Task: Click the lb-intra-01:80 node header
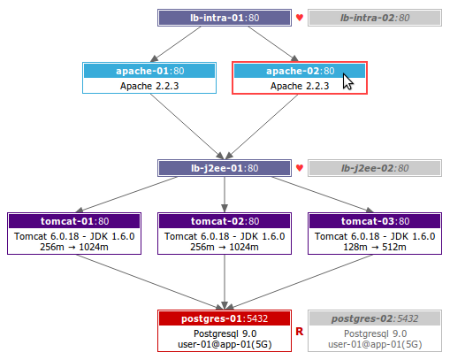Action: click(225, 18)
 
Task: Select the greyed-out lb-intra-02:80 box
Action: click(375, 18)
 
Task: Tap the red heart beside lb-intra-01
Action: click(300, 18)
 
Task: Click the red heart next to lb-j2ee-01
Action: click(300, 168)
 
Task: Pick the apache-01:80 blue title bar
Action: click(149, 71)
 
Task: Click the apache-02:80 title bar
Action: click(300, 71)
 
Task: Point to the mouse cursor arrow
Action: click(347, 81)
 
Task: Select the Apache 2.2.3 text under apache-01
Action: click(149, 86)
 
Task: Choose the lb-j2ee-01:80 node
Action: click(225, 168)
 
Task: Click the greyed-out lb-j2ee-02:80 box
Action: click(375, 168)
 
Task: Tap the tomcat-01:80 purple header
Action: click(74, 221)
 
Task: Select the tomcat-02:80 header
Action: click(225, 221)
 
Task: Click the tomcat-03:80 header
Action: click(375, 221)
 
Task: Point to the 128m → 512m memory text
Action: click(375, 247)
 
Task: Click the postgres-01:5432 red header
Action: click(225, 318)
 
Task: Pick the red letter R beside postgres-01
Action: click(300, 332)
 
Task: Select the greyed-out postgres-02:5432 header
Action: click(375, 318)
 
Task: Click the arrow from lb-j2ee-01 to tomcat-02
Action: click(225, 195)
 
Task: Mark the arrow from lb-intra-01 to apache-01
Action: click(176, 44)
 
